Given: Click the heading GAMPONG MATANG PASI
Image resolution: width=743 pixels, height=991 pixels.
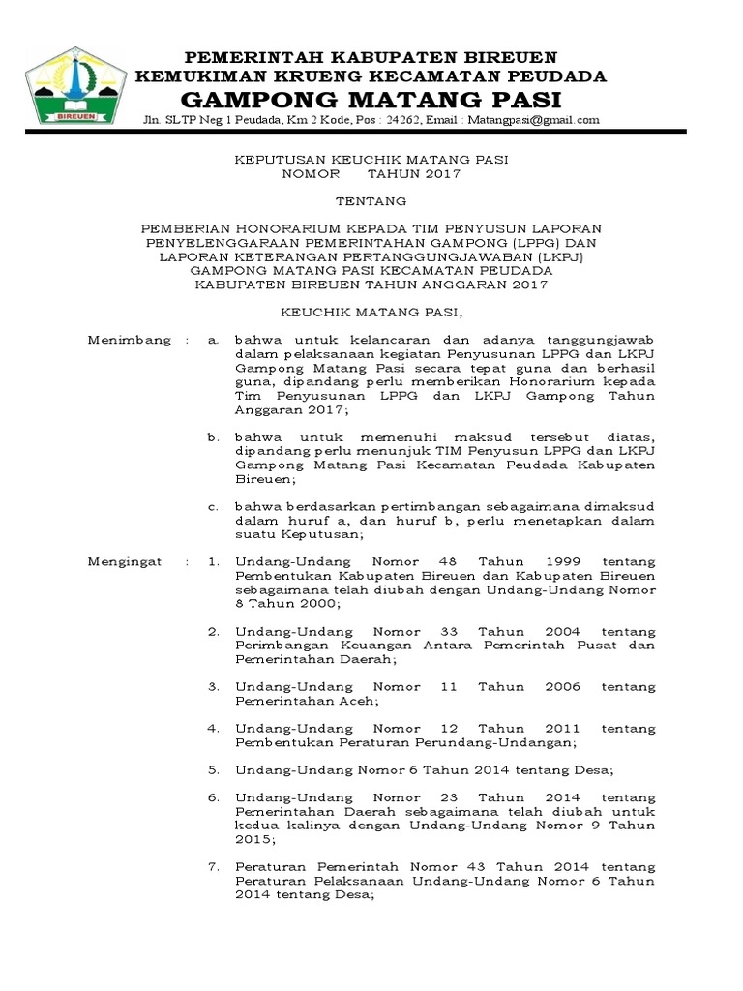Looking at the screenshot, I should [371, 100].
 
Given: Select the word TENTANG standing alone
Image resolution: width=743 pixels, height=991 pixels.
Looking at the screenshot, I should [371, 201].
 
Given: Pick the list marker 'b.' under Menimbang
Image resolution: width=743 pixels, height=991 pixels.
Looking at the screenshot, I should [215, 437].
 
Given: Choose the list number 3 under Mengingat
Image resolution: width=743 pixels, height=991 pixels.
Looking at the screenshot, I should [215, 686].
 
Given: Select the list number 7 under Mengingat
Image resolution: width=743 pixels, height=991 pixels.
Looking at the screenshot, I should [215, 866].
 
